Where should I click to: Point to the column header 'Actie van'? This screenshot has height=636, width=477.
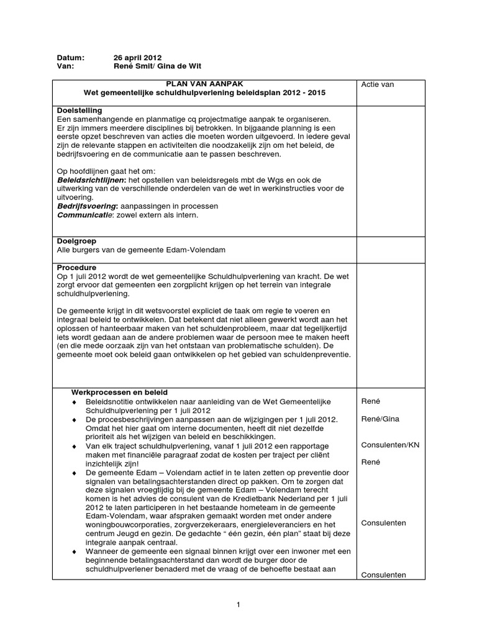click(x=378, y=84)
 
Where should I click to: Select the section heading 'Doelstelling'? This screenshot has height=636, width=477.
click(x=79, y=110)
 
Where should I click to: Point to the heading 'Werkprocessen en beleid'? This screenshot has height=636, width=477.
click(x=119, y=393)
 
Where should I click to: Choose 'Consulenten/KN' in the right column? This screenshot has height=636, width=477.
click(x=391, y=445)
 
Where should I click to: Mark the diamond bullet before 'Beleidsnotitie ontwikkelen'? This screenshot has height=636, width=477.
click(x=75, y=402)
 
